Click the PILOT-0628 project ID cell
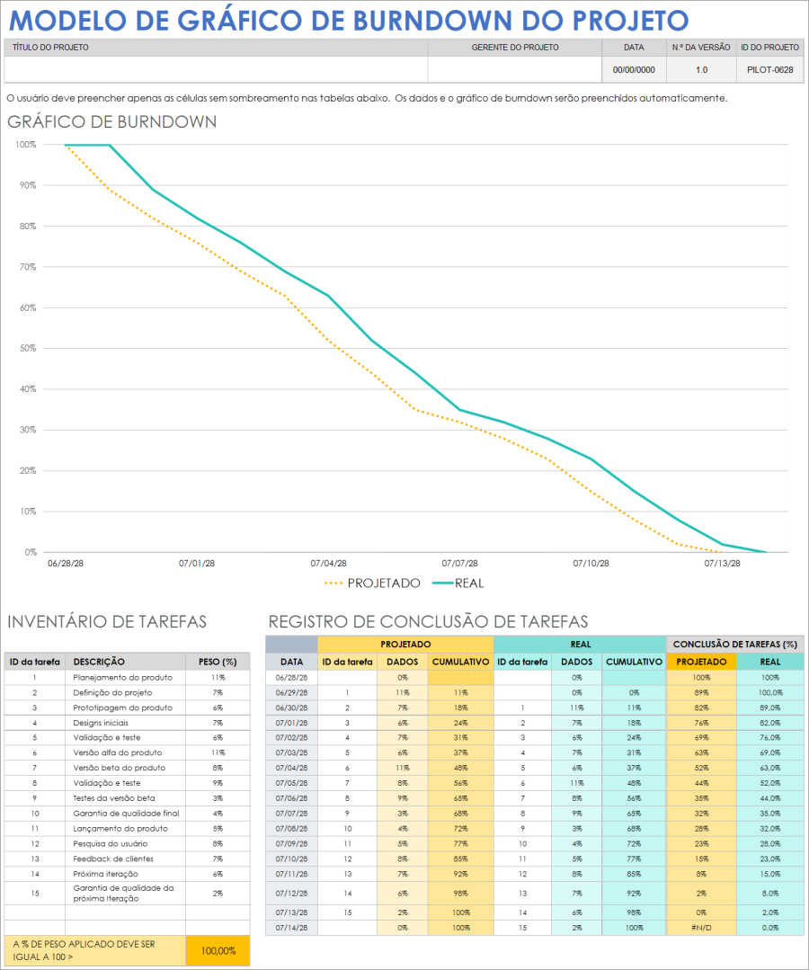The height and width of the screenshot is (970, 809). tap(769, 69)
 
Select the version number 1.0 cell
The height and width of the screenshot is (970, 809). tap(701, 69)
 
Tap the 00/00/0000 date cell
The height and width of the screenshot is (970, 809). tap(634, 69)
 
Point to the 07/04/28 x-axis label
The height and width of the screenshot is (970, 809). tap(328, 564)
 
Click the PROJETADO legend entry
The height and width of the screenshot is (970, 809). tap(372, 583)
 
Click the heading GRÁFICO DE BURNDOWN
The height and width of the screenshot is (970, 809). tap(111, 122)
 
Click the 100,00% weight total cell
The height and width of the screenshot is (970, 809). tap(217, 950)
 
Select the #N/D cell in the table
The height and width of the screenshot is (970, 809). tap(701, 926)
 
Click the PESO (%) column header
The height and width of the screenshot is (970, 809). tap(217, 661)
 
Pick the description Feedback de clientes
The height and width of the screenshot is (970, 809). tap(113, 859)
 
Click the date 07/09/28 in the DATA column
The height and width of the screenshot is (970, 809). tap(291, 844)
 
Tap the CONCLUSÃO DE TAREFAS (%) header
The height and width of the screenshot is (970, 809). tap(734, 644)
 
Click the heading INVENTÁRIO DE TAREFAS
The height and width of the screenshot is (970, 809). tap(106, 621)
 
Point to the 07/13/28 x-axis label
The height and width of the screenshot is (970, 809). tap(722, 564)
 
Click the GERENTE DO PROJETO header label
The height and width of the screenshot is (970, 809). tap(515, 47)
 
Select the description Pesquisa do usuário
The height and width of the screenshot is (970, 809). tap(111, 843)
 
